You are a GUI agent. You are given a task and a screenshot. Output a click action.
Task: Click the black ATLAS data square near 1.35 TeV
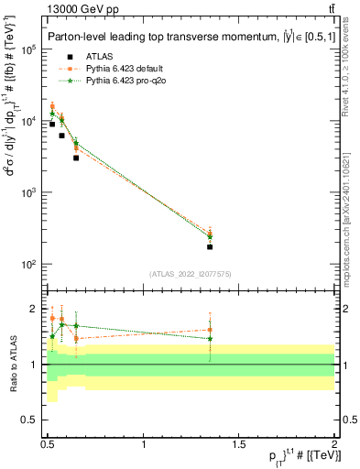[210, 246]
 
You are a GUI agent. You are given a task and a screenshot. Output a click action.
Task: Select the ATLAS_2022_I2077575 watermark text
[190, 274]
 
